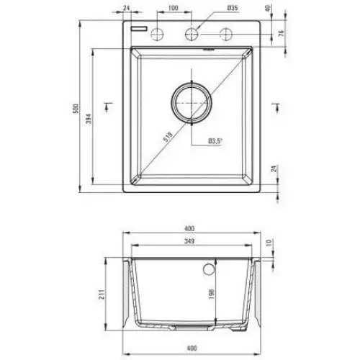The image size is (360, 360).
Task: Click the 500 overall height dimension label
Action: [76, 109]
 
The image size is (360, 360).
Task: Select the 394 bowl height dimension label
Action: [89, 119]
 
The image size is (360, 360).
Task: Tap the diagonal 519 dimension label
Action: [168, 137]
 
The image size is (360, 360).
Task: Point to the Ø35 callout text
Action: [232, 8]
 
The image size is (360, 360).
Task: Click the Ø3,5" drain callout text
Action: [215, 141]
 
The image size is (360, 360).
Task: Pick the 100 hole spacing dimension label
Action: [173, 8]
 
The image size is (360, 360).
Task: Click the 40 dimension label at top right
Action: [268, 8]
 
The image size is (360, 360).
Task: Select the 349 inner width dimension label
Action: [189, 241]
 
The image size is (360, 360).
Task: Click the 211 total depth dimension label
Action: [102, 294]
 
